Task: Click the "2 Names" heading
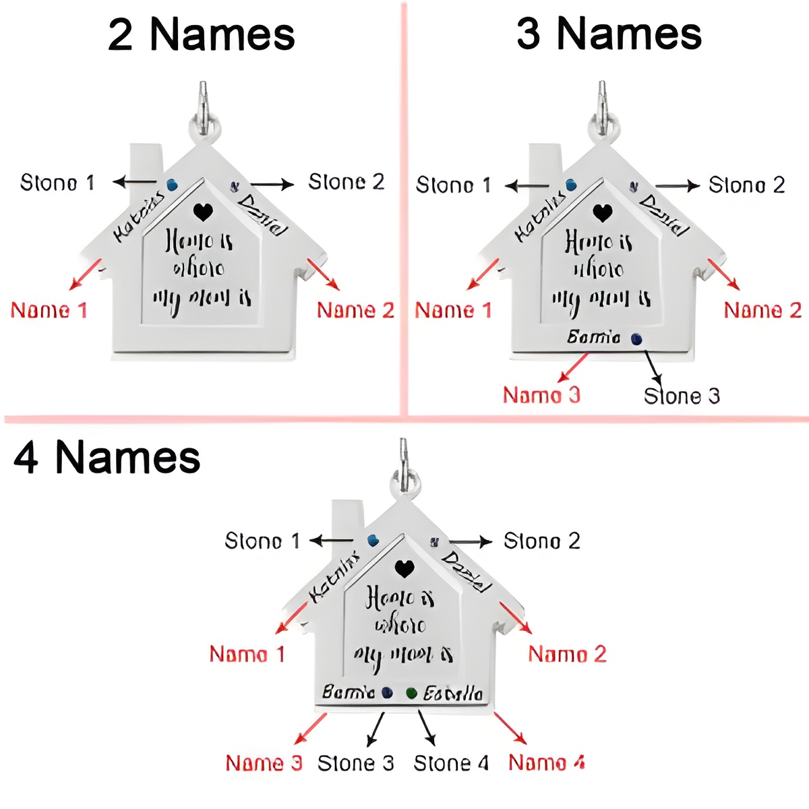[202, 35]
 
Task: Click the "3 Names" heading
[609, 34]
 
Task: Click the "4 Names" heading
[107, 458]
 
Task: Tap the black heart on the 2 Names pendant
[203, 212]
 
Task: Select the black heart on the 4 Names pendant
[404, 569]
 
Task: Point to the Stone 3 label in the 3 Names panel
[682, 396]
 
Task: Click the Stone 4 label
[451, 763]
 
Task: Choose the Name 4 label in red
[547, 762]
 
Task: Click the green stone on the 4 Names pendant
[411, 693]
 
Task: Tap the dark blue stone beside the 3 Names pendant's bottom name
[636, 339]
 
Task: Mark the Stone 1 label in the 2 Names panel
[57, 183]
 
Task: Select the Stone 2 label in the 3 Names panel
[747, 185]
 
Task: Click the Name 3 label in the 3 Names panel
[541, 395]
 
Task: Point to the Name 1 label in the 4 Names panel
[247, 654]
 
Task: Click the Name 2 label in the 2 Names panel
[355, 310]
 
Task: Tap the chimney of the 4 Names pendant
[347, 522]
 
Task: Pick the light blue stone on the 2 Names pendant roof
[172, 184]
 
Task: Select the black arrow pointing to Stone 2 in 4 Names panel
[471, 541]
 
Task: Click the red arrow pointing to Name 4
[510, 728]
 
